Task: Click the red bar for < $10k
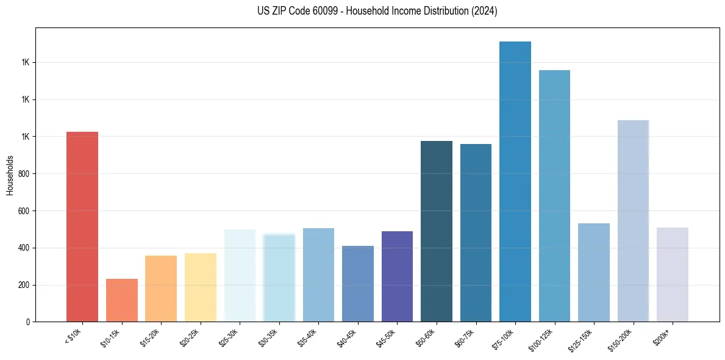pos(82,226)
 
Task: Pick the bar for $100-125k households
pos(554,196)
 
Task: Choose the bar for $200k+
pos(672,275)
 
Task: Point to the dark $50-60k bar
pos(436,231)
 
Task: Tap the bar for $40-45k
pos(357,284)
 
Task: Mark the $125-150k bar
pos(593,272)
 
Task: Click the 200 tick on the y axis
pos(24,285)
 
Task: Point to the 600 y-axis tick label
pos(24,211)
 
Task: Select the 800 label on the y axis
pos(24,174)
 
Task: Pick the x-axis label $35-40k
pos(309,337)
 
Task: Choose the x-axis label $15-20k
pos(151,337)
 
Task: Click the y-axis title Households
pos(10,175)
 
